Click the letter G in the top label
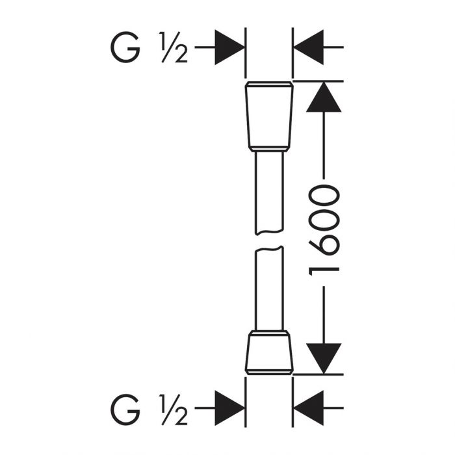click(125, 47)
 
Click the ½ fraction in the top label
click(174, 47)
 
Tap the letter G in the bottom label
click(125, 409)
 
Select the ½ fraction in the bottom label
click(174, 409)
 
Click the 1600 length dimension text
click(324, 230)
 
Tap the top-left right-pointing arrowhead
click(229, 47)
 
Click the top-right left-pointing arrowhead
click(309, 47)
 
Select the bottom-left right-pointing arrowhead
click(229, 408)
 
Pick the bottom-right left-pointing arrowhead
click(309, 408)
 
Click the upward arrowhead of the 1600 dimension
click(324, 97)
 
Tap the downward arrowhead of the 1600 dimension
click(324, 359)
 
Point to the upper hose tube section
click(269, 192)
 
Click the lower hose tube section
click(269, 289)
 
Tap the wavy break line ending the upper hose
click(269, 232)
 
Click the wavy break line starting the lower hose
click(269, 249)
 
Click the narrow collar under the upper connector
click(269, 149)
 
